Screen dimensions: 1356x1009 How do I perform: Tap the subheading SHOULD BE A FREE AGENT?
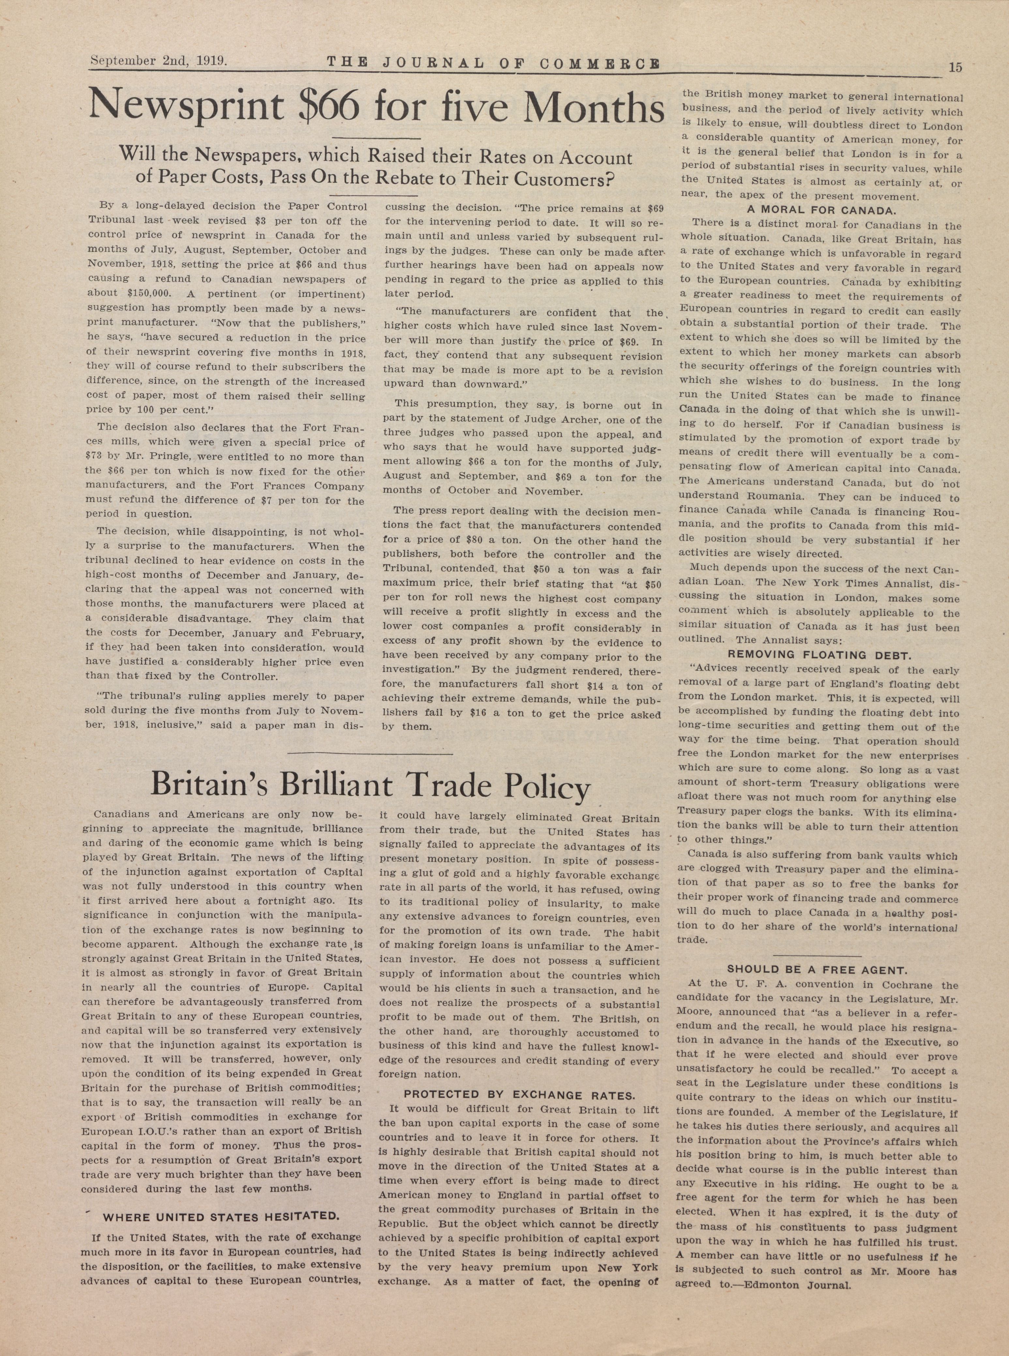(x=817, y=969)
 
